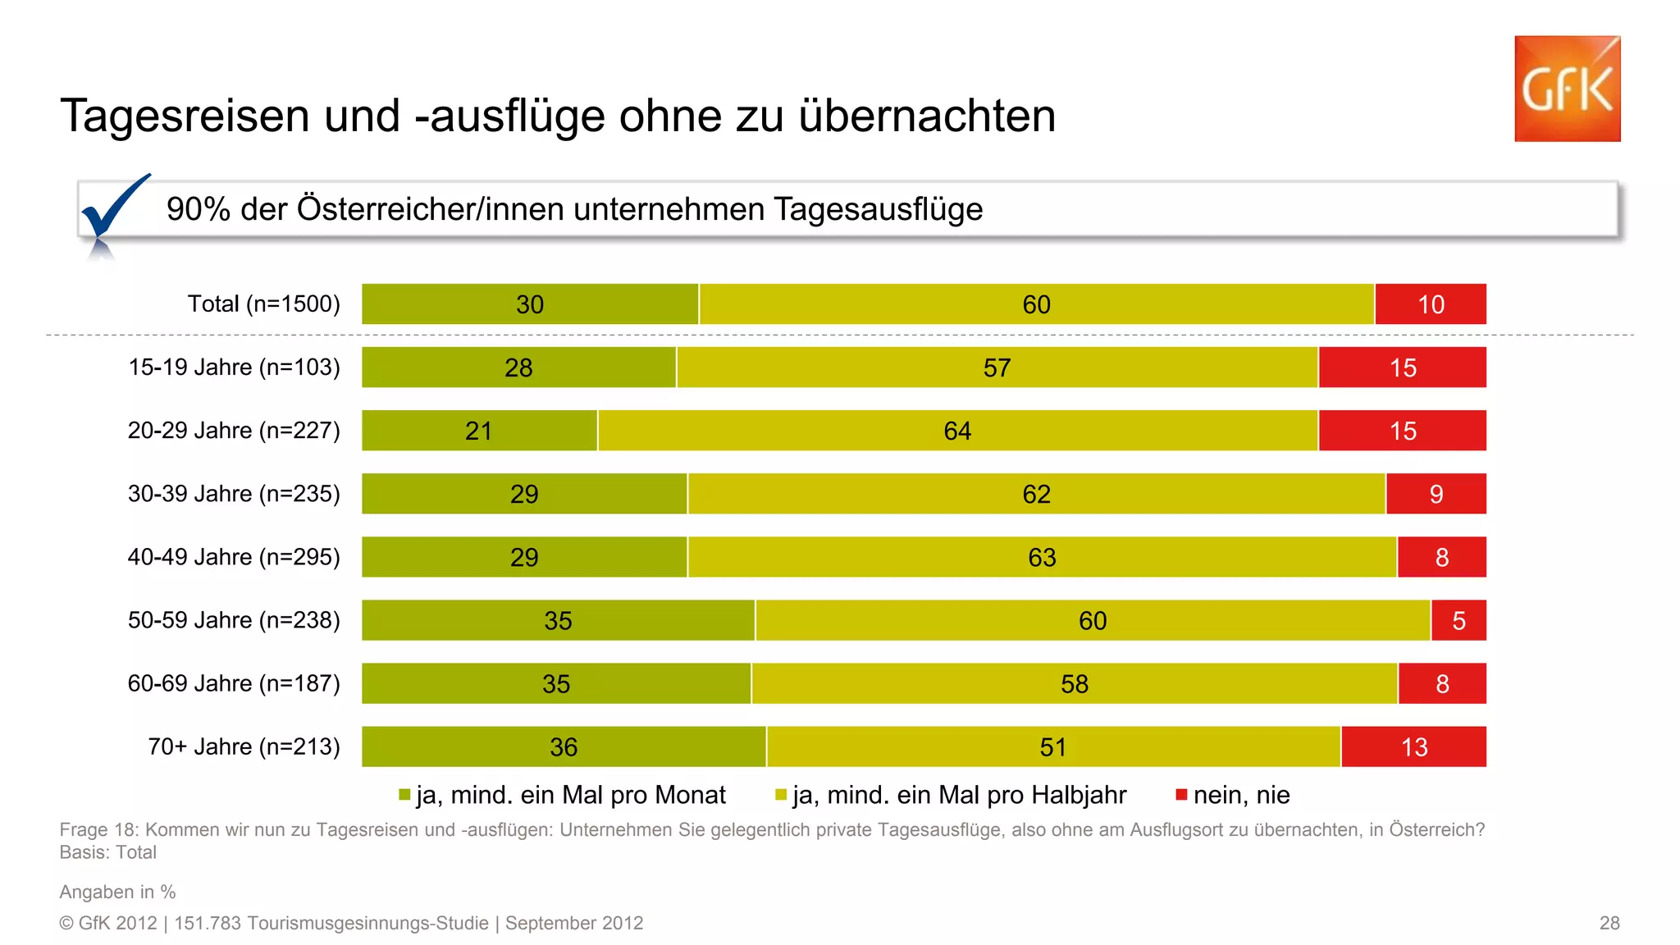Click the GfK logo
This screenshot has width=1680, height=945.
pyautogui.click(x=1567, y=89)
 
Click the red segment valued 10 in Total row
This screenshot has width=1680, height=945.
pyautogui.click(x=1430, y=304)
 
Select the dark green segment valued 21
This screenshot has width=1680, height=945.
pyautogui.click(x=479, y=431)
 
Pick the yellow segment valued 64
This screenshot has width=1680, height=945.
pyautogui.click(x=957, y=431)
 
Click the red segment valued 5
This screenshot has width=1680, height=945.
pyautogui.click(x=1458, y=620)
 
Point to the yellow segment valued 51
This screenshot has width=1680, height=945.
pyautogui.click(x=1052, y=746)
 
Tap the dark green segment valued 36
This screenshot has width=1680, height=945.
pyautogui.click(x=563, y=746)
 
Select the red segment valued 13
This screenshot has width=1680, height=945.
pyautogui.click(x=1413, y=746)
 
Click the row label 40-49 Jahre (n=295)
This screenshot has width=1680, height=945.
pyautogui.click(x=234, y=557)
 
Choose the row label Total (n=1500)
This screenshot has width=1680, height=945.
pyautogui.click(x=263, y=304)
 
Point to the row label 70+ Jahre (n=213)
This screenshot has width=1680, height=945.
pyautogui.click(x=244, y=746)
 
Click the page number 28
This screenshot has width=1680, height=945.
pyautogui.click(x=1609, y=923)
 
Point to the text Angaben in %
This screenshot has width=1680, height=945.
pyautogui.click(x=117, y=892)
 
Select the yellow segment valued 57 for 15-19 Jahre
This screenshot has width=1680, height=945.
pyautogui.click(x=997, y=367)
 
